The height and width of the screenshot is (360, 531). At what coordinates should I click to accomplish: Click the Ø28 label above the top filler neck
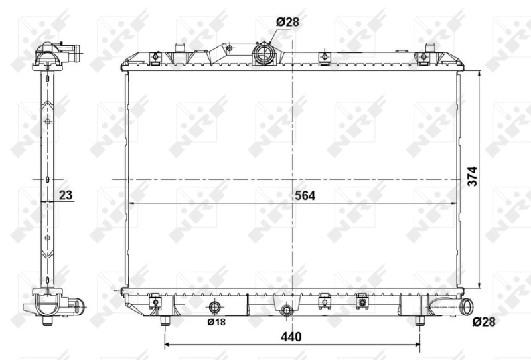(x=287, y=22)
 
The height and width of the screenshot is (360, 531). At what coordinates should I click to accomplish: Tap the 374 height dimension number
(x=473, y=177)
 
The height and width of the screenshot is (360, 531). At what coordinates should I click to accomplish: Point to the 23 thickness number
(x=65, y=195)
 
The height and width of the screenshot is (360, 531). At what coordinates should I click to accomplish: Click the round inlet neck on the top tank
(x=264, y=52)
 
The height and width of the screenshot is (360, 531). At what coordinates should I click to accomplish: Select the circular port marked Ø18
(x=215, y=308)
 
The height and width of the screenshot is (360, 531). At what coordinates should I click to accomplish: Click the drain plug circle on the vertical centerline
(x=287, y=310)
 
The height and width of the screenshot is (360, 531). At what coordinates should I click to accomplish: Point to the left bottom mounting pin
(x=165, y=321)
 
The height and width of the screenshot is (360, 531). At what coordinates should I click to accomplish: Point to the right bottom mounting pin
(x=419, y=321)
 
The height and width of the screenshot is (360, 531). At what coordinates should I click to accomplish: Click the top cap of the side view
(x=56, y=53)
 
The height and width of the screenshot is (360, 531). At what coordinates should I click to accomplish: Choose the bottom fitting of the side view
(x=53, y=306)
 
